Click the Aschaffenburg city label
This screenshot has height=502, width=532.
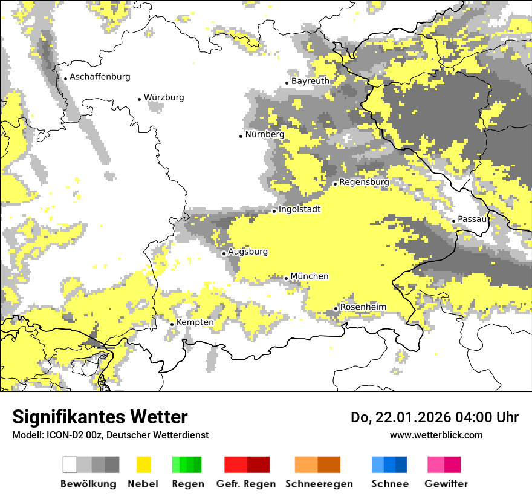click(x=100, y=77)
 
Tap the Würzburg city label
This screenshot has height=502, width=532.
click(x=164, y=97)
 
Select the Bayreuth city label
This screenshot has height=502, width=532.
click(x=310, y=81)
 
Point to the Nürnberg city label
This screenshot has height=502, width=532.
click(x=265, y=134)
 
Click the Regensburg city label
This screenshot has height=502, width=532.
click(x=364, y=182)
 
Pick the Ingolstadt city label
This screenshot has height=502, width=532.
click(x=299, y=210)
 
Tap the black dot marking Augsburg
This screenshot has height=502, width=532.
click(x=224, y=253)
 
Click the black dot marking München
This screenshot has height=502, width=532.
click(x=287, y=278)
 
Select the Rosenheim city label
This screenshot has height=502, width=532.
click(x=363, y=307)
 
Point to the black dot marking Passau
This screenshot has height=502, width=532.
click(x=453, y=221)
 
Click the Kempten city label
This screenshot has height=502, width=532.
click(x=195, y=322)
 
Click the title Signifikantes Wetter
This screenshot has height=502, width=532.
click(x=100, y=417)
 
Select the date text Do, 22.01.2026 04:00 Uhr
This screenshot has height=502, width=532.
click(x=435, y=417)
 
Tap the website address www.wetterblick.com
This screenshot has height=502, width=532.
click(x=436, y=435)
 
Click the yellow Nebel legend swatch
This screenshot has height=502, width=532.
click(x=143, y=465)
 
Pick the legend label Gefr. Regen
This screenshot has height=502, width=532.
click(x=246, y=484)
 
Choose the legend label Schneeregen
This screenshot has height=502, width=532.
click(x=319, y=484)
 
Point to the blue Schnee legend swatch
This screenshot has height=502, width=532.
click(x=389, y=465)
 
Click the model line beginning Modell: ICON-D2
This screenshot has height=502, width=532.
click(x=110, y=435)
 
